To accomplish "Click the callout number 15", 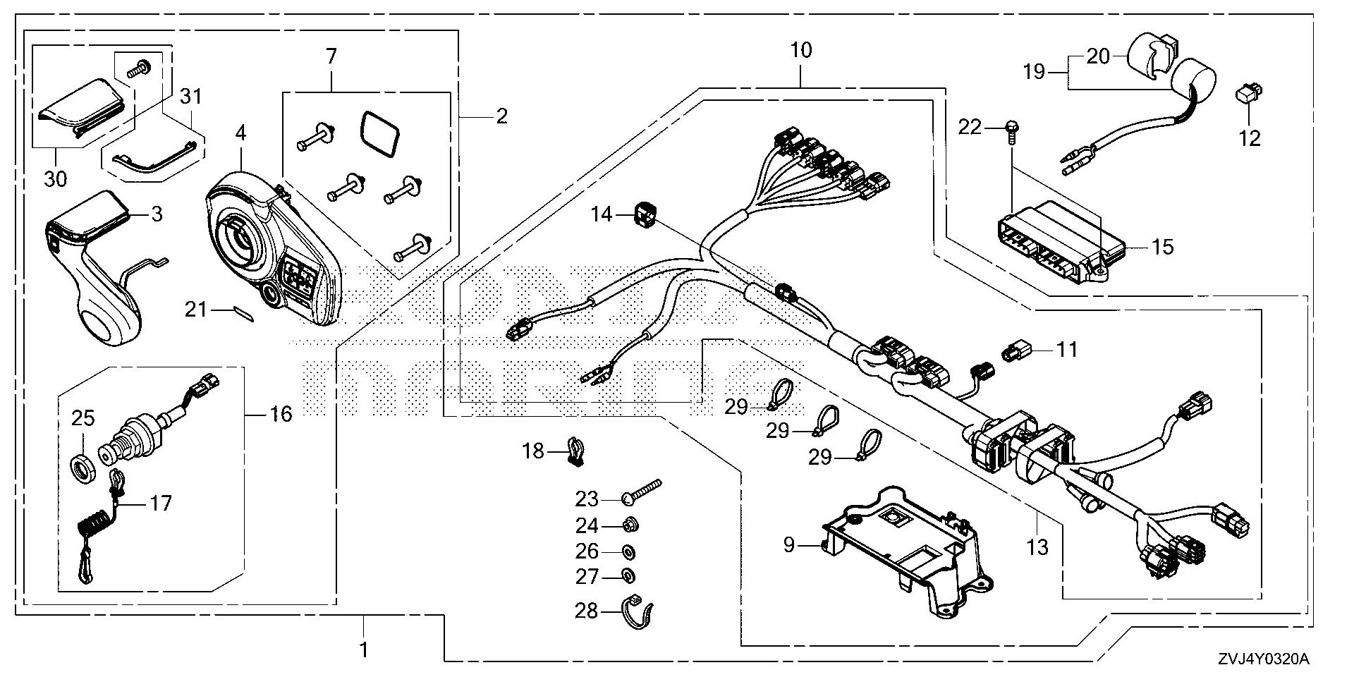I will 1162,247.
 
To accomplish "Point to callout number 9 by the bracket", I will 789,544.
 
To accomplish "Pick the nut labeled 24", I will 630,525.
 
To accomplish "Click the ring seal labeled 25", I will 83,467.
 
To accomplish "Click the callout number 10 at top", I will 801,51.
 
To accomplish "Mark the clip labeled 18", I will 576,452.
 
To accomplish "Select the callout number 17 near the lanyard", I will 161,504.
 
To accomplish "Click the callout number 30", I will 55,179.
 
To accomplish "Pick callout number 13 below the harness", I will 1038,547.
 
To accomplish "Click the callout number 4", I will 240,133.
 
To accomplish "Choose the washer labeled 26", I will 628,551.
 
